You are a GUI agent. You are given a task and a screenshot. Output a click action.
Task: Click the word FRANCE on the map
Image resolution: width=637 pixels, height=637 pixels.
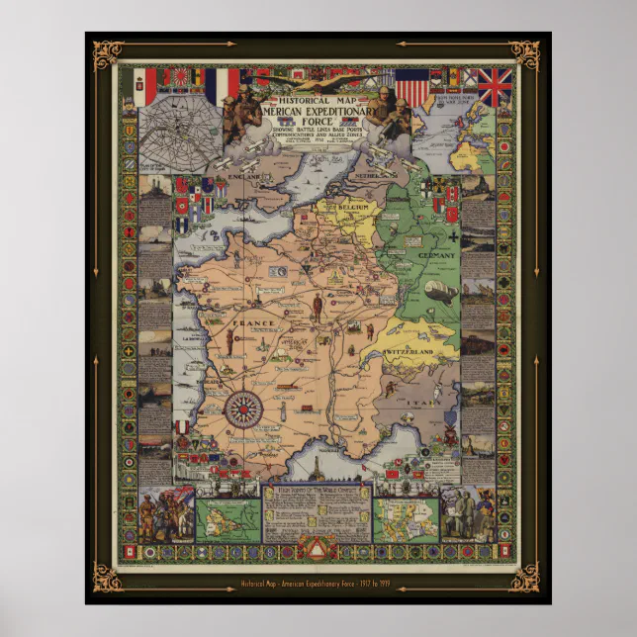click(243, 322)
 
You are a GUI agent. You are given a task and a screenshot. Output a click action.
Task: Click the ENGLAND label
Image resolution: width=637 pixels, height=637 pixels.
click(244, 176)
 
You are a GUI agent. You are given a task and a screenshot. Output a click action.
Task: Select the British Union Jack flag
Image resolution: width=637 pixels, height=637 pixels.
click(495, 87)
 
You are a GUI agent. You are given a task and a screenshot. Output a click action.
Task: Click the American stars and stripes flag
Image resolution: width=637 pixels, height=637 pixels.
click(412, 90)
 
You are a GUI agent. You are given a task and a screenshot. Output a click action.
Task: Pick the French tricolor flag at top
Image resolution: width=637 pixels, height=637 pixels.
click(223, 86)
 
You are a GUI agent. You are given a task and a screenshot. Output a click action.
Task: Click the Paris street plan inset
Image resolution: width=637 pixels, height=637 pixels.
click(178, 133)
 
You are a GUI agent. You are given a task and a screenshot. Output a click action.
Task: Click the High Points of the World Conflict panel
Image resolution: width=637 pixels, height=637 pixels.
click(318, 515)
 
